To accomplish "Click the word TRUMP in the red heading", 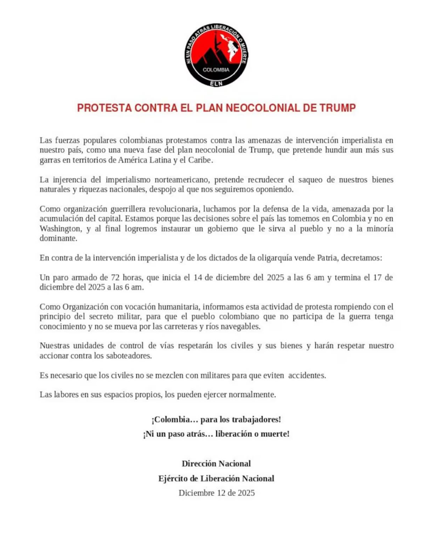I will (x=338, y=108).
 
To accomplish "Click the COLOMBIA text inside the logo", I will (x=216, y=70).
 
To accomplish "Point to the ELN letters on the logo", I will (x=216, y=84).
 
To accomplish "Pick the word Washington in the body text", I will (x=60, y=228).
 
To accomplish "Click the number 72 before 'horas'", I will (x=115, y=277).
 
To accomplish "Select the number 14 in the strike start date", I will (x=197, y=277).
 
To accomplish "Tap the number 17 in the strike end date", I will (x=377, y=277).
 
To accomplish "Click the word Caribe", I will (x=200, y=160).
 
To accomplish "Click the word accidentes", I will (x=307, y=375).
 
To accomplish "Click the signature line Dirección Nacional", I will (x=216, y=464).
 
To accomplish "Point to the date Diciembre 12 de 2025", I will (x=217, y=493).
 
